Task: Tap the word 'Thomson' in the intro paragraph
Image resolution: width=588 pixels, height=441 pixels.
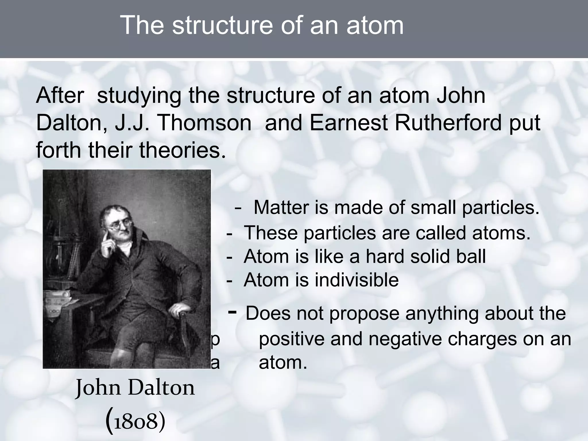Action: tap(204, 123)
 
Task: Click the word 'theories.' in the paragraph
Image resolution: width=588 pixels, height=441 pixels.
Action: tap(183, 150)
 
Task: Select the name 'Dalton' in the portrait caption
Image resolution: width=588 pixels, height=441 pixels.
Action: tap(161, 388)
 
